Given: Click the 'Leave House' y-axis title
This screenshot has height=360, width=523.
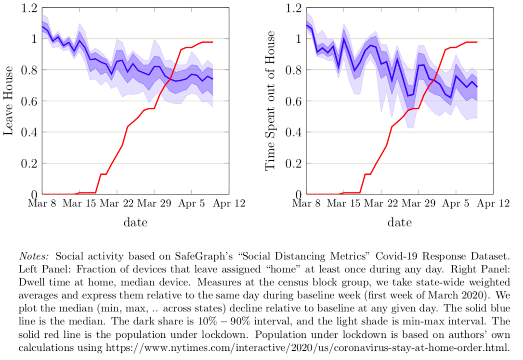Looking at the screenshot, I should tap(8, 102).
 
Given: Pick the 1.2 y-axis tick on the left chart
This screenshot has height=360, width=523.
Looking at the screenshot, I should tap(30, 8).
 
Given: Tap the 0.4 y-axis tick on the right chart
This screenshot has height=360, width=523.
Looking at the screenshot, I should tap(294, 132).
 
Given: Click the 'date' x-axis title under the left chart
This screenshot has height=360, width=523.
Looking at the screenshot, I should tap(135, 222).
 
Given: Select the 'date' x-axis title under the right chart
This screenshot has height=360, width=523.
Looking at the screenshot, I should tap(400, 222).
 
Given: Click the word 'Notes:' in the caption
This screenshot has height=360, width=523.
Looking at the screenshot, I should tap(35, 255).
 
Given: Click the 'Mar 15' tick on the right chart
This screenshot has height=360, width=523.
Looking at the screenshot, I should tap(343, 204).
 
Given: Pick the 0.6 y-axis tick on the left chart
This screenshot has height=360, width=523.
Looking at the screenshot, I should tap(30, 101).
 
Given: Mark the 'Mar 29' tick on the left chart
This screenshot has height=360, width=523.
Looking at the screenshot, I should tap(154, 204).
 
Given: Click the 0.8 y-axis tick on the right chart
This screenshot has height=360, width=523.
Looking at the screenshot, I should tap(294, 70).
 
